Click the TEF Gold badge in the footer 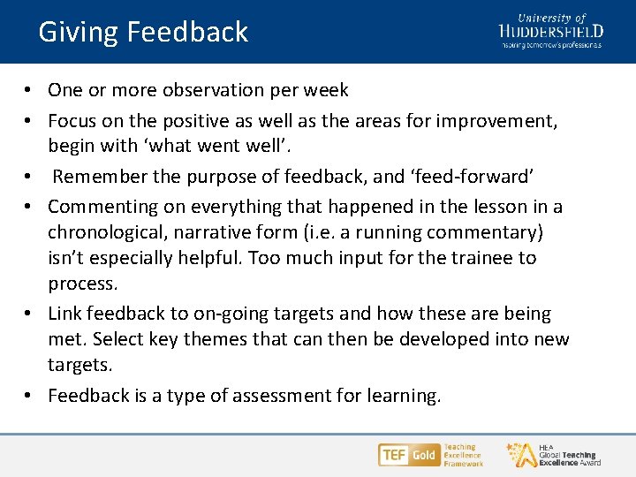(409, 455)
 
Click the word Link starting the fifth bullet (64, 314)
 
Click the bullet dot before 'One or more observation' (29, 91)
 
